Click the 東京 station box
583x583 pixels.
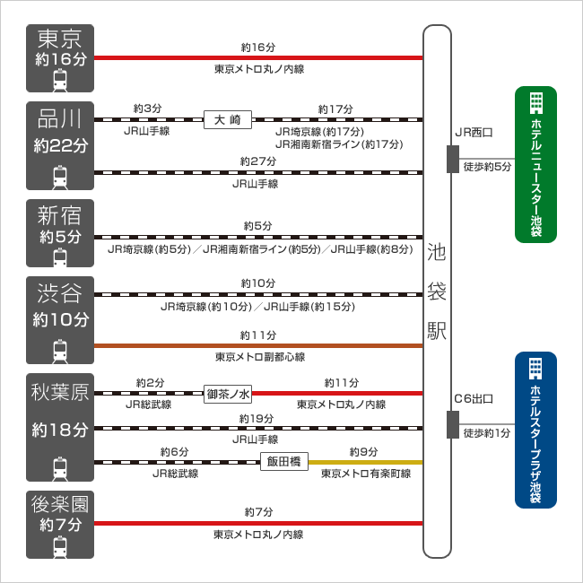click(60, 57)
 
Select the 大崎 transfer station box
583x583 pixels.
click(228, 119)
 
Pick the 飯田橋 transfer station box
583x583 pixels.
click(285, 462)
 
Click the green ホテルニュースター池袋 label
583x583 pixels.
click(535, 165)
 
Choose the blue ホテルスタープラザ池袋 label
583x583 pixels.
click(535, 431)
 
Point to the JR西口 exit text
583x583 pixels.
click(474, 132)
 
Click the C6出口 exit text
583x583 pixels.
click(474, 398)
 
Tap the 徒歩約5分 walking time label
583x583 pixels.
click(487, 167)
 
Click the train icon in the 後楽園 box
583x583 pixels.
click(60, 545)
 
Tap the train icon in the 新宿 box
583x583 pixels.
click(60, 257)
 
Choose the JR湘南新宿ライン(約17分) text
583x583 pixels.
click(338, 144)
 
